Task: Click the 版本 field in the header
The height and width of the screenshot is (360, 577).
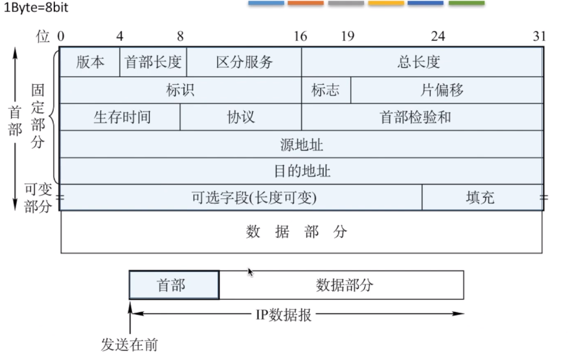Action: (x=90, y=62)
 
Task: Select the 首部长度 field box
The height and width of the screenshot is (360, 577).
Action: (x=153, y=62)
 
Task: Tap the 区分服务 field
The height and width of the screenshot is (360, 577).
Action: (x=244, y=62)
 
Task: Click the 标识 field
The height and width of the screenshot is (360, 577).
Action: (x=180, y=90)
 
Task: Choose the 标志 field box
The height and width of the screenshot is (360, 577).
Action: (x=326, y=90)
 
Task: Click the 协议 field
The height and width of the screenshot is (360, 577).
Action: (x=241, y=117)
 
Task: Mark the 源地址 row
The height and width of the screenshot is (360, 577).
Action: (x=302, y=145)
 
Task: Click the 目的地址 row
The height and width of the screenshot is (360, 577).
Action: (x=302, y=171)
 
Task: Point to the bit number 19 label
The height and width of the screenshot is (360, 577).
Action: (x=348, y=36)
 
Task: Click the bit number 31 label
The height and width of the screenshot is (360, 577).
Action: (x=540, y=36)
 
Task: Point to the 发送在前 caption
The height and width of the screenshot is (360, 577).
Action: (x=130, y=345)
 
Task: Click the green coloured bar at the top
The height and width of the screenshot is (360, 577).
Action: (x=467, y=3)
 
